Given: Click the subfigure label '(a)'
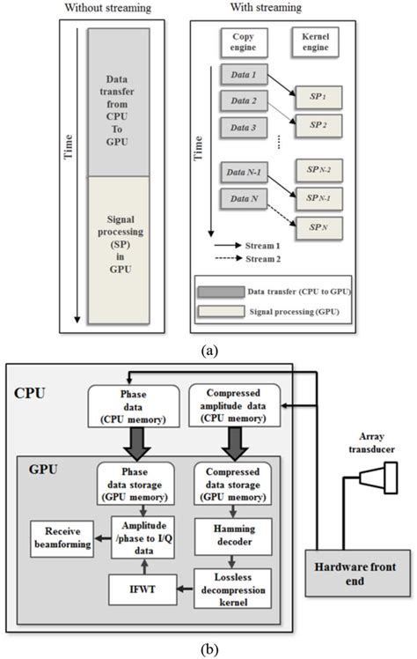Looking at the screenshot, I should pos(209,350).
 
